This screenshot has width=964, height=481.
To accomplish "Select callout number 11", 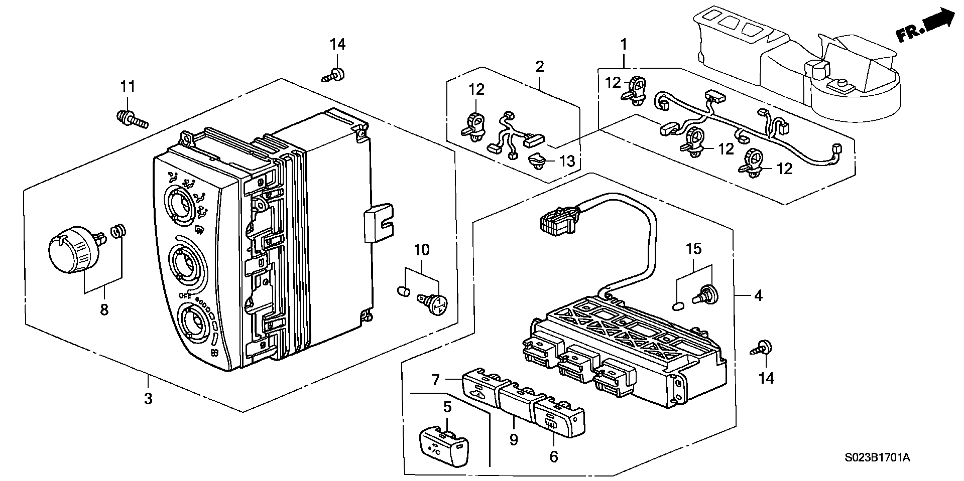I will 128,87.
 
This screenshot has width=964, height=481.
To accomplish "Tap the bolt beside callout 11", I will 132,119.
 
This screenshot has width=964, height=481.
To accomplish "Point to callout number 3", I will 148,399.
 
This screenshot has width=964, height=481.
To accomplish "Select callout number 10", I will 422,249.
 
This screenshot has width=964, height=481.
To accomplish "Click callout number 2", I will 540,67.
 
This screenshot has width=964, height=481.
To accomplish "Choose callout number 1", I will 624,45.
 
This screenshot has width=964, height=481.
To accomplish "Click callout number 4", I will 758,296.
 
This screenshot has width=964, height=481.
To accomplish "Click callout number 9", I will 513,440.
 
